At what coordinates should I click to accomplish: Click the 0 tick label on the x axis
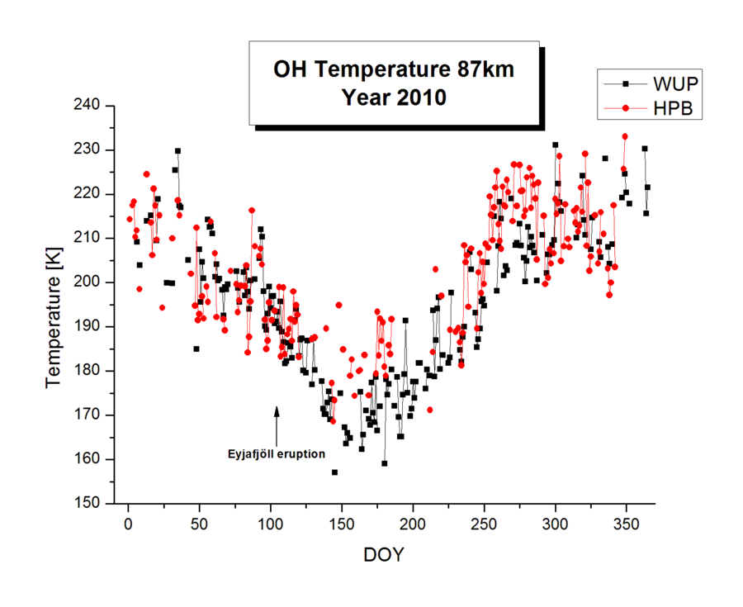pyautogui.click(x=128, y=526)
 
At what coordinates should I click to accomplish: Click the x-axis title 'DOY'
pyautogui.click(x=384, y=555)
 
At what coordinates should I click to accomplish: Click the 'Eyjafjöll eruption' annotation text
pyautogui.click(x=277, y=453)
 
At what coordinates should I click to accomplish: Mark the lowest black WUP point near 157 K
pyautogui.click(x=334, y=472)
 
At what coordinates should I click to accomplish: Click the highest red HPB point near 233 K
pyautogui.click(x=625, y=136)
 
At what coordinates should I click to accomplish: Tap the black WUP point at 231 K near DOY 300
pyautogui.click(x=556, y=145)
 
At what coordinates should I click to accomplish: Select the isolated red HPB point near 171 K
pyautogui.click(x=430, y=410)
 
